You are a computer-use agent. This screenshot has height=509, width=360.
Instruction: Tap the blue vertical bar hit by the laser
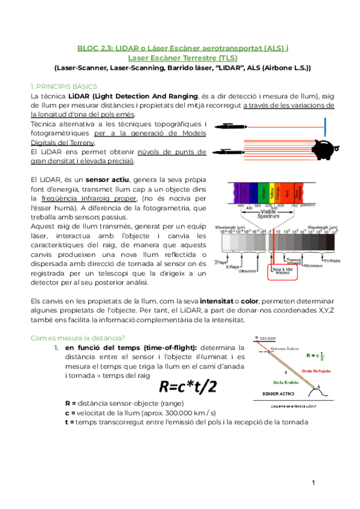(x=325, y=127)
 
